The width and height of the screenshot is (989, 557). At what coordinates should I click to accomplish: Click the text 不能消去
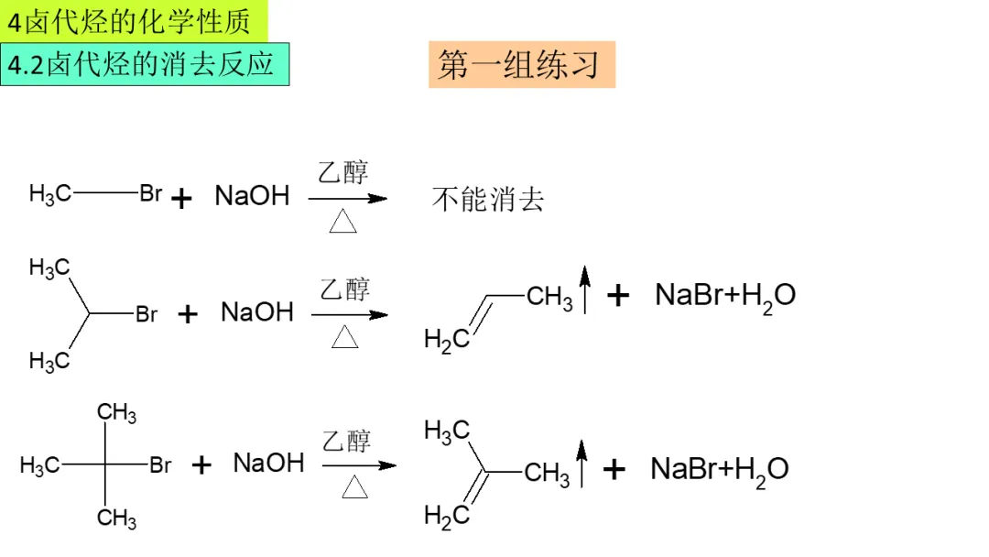(x=488, y=200)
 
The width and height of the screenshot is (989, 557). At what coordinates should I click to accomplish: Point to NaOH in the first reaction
(x=252, y=195)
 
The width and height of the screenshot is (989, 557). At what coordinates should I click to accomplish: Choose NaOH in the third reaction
(x=268, y=463)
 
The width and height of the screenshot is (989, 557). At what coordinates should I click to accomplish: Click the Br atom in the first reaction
(x=151, y=193)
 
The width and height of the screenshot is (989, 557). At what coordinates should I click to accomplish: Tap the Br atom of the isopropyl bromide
(x=147, y=314)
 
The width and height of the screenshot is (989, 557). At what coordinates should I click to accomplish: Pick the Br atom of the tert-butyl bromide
(x=160, y=465)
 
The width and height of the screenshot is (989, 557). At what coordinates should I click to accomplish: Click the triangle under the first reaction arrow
(x=342, y=222)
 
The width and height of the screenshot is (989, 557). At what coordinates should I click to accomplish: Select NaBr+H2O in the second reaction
(x=725, y=296)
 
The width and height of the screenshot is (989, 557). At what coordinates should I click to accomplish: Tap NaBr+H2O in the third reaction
(x=720, y=470)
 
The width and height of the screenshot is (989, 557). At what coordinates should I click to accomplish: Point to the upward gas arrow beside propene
(x=586, y=287)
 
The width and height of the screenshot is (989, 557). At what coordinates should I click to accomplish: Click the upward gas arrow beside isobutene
(x=580, y=463)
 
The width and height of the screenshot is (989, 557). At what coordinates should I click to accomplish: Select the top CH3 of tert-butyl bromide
(x=117, y=413)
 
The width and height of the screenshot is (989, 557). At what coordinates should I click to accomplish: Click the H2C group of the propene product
(x=446, y=340)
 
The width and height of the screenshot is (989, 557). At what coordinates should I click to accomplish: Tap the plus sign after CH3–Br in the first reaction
(x=182, y=198)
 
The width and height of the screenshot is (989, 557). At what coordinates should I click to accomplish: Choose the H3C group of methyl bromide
(x=49, y=193)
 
